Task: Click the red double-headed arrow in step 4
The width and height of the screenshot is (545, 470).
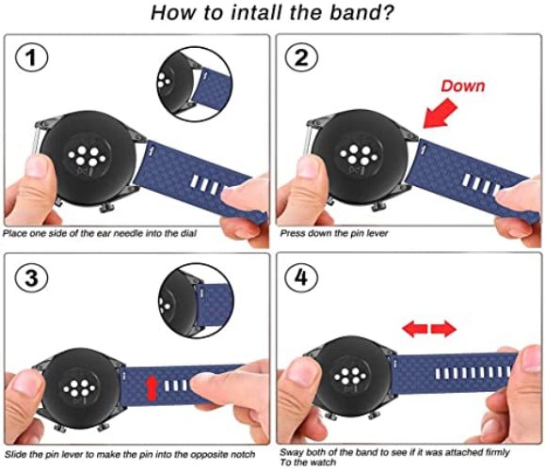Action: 429,329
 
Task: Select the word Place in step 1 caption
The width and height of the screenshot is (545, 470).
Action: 18,231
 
